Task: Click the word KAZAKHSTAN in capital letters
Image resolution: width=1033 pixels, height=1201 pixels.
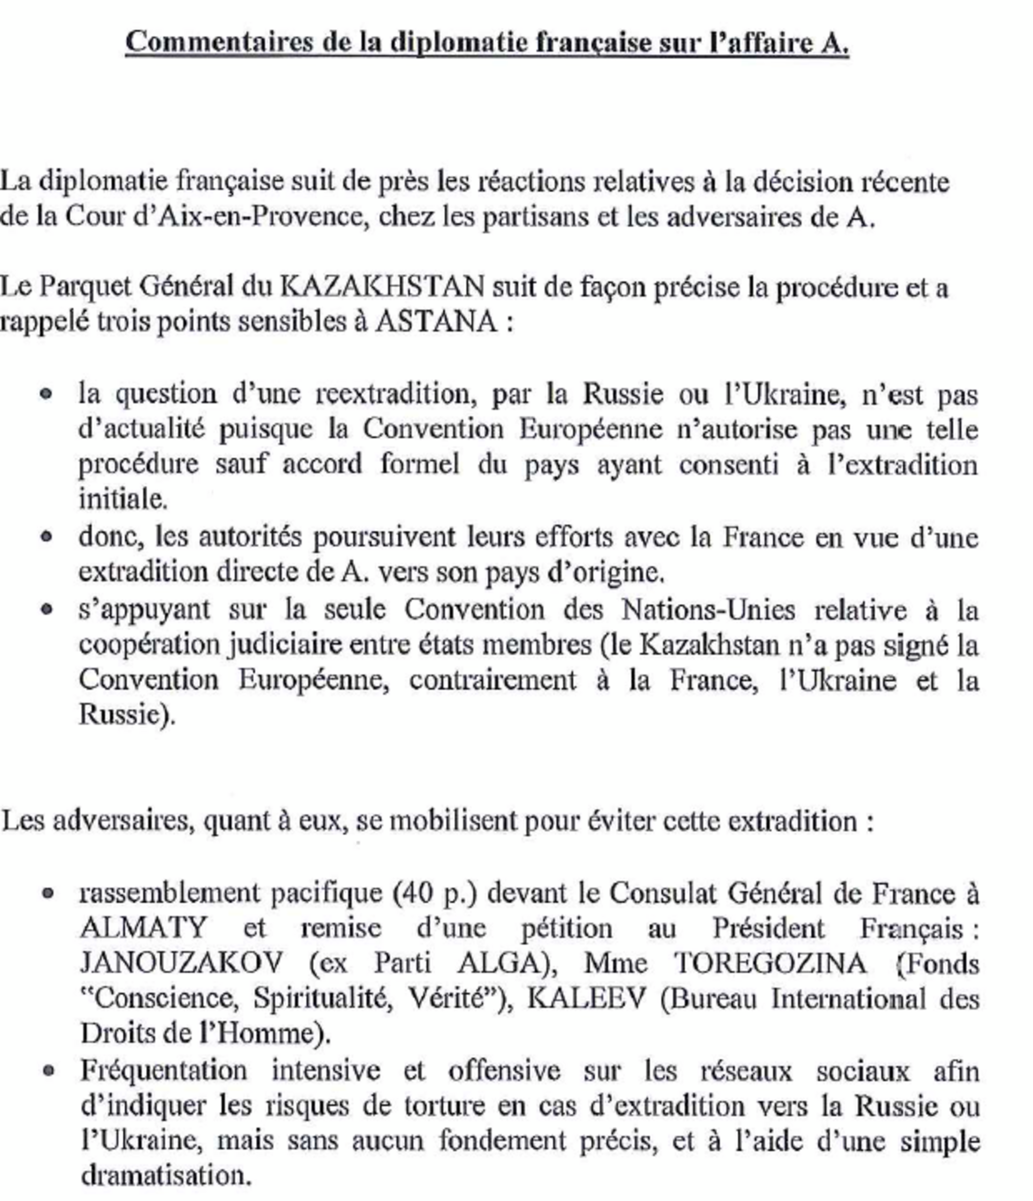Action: pos(382,286)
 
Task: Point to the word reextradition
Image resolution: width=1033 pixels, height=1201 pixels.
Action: pos(396,394)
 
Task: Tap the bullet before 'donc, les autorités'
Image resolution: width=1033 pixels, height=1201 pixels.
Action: pos(47,537)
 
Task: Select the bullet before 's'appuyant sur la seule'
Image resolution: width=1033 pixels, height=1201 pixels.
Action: pos(47,610)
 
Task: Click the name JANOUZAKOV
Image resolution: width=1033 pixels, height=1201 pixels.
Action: pos(181,963)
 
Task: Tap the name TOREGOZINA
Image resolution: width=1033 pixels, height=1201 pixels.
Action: pos(771,963)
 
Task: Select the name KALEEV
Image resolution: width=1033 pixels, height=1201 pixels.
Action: pos(586,998)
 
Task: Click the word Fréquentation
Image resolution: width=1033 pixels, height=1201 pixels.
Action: pos(163,1070)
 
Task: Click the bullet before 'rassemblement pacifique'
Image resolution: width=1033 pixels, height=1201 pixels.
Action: pos(48,893)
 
